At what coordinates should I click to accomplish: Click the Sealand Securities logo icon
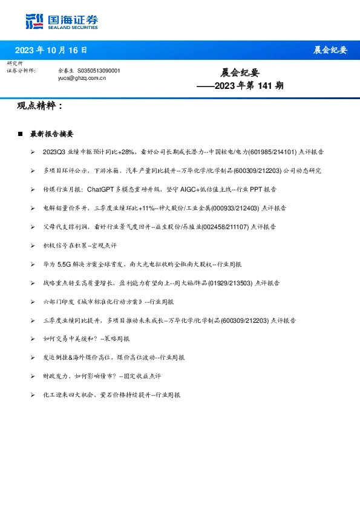pyautogui.click(x=34, y=22)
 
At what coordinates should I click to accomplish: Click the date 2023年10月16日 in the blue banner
pyautogui.click(x=51, y=50)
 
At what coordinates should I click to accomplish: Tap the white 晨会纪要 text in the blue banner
pyautogui.click(x=330, y=50)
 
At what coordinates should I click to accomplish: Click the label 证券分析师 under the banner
pyautogui.click(x=21, y=71)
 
